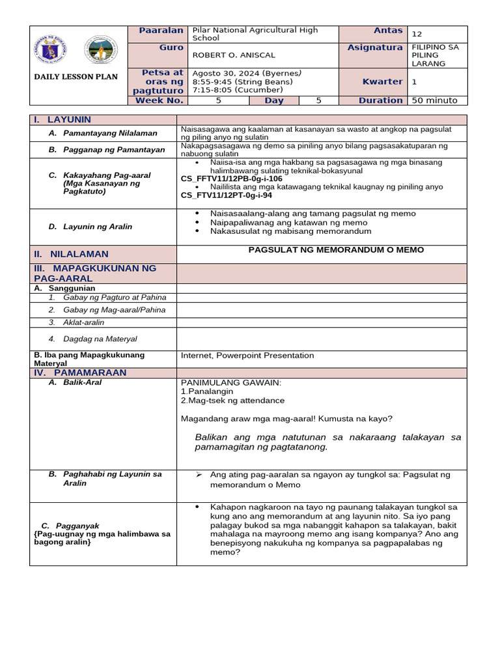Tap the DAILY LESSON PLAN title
(76, 77)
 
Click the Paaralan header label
(161, 31)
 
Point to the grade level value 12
(417, 34)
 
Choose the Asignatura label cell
(374, 48)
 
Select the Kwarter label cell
(382, 81)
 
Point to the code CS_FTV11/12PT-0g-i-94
(226, 195)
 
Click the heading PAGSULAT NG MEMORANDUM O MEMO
(336, 250)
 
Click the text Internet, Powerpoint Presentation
(247, 356)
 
